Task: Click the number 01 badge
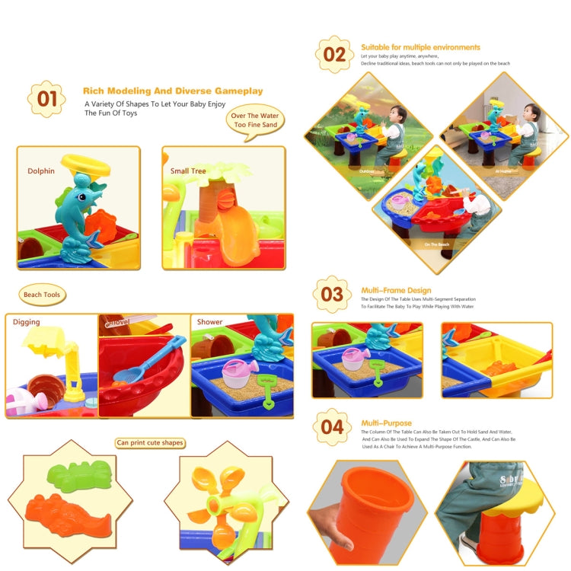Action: point(46,99)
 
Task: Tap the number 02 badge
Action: point(334,54)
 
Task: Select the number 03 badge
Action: point(332,294)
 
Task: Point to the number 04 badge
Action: point(332,426)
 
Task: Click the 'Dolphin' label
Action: point(41,171)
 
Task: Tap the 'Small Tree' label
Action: point(188,171)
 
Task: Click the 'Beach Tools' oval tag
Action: point(43,295)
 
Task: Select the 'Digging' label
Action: point(26,322)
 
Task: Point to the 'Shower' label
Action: point(209,322)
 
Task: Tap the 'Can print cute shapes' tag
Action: point(150,442)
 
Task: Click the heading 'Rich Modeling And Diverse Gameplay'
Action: point(173,91)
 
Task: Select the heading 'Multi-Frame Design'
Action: point(396,290)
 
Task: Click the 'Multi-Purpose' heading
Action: point(386,423)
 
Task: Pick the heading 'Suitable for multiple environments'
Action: point(420,47)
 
